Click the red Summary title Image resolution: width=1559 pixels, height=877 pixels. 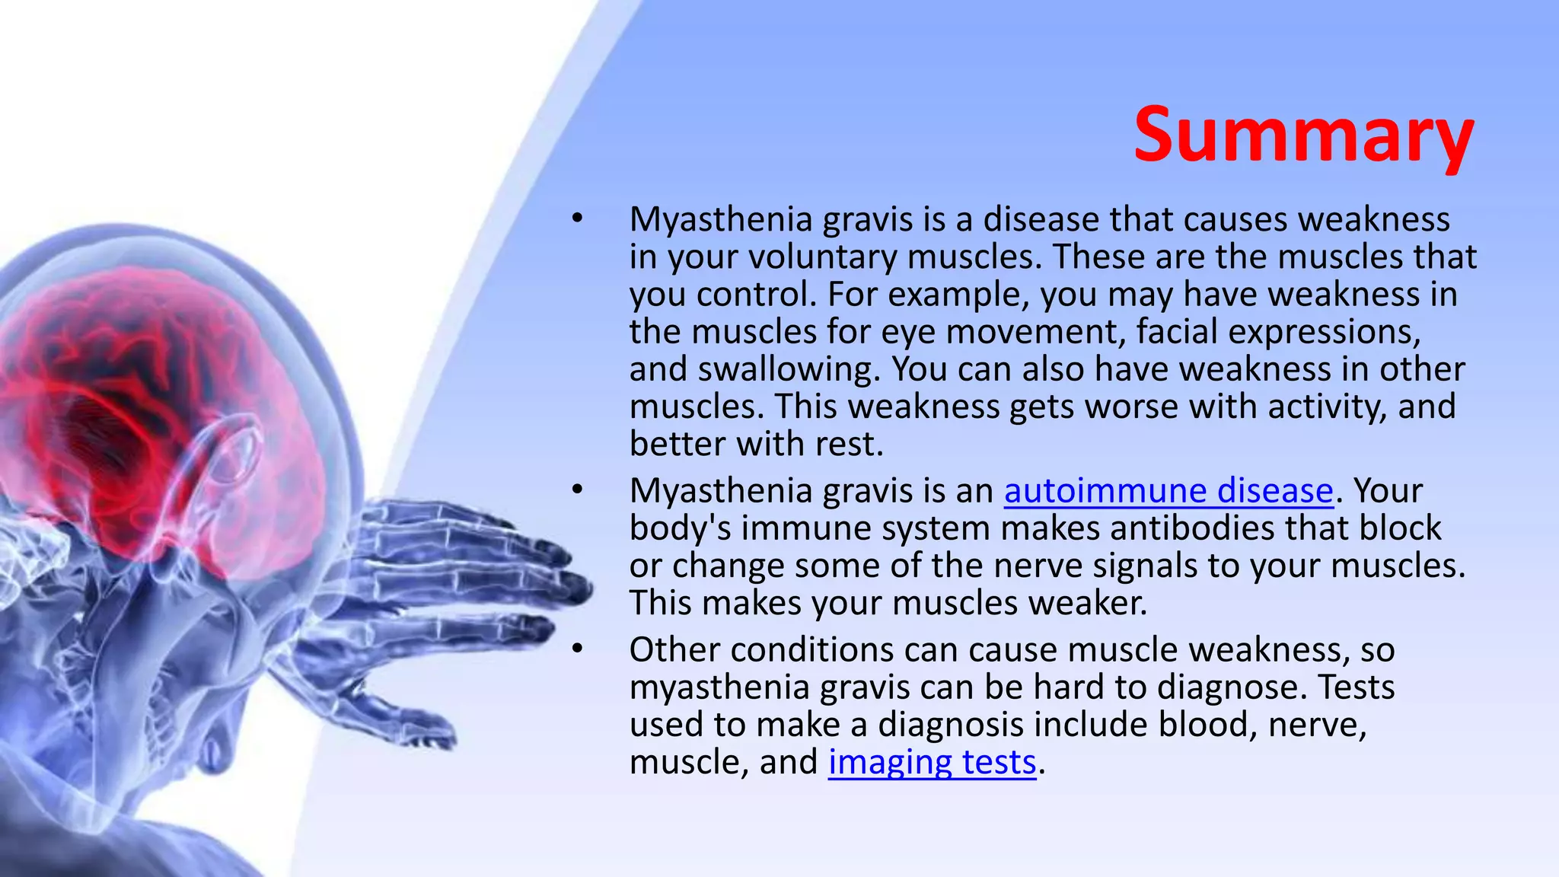[1303, 136]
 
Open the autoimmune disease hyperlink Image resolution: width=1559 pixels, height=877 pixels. [1168, 491]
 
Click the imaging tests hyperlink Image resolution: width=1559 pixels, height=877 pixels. [932, 762]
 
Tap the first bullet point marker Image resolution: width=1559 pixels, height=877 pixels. [578, 219]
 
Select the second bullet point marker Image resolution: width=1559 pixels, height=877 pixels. [578, 491]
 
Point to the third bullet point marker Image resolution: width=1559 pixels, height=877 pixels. [578, 649]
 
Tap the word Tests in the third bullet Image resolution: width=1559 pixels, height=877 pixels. [1357, 687]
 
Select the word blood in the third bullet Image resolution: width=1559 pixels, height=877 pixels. [1207, 724]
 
